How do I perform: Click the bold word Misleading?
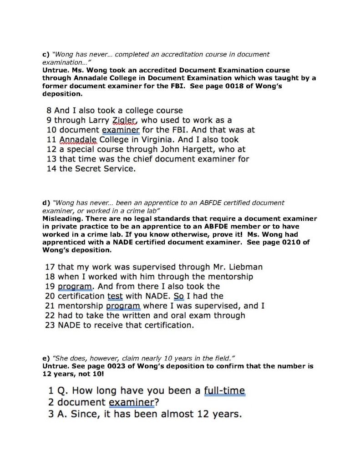click(61, 219)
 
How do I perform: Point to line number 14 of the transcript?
click(51, 169)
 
